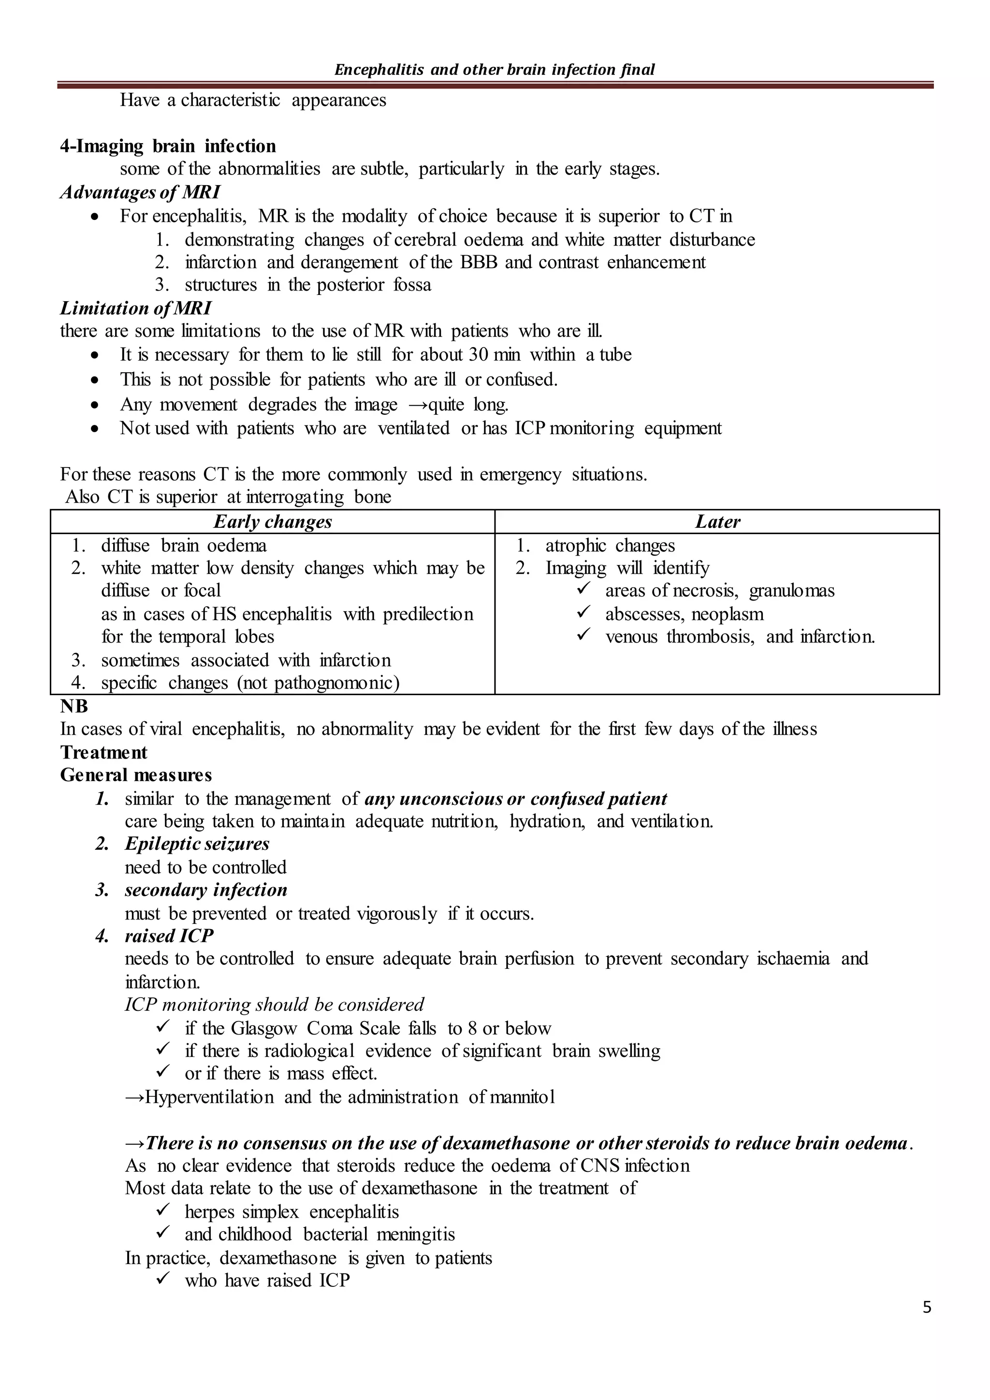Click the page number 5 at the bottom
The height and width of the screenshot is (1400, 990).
tap(927, 1307)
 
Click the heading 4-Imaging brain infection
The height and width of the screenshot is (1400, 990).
tap(168, 146)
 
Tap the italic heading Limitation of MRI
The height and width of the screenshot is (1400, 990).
tap(135, 308)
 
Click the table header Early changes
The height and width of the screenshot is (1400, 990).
tap(273, 522)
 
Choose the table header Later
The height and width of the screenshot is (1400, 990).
tap(717, 522)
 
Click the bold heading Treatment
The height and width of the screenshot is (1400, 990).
tap(103, 752)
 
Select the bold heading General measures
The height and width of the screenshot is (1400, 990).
tap(136, 775)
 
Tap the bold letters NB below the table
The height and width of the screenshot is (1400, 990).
tap(74, 706)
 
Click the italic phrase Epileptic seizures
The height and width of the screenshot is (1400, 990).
tap(197, 844)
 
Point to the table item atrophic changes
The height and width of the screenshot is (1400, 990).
tap(610, 545)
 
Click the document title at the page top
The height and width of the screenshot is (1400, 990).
tap(495, 70)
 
